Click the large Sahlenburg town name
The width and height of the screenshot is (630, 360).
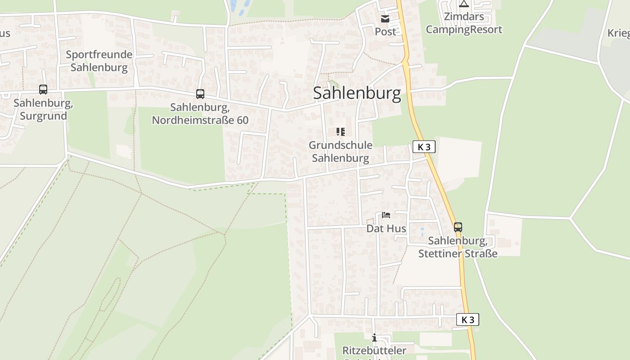pyautogui.click(x=356, y=93)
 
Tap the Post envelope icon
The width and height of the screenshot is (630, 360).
pyautogui.click(x=385, y=18)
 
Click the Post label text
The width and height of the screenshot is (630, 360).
pyautogui.click(x=386, y=31)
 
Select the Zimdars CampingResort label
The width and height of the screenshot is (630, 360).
pyautogui.click(x=464, y=23)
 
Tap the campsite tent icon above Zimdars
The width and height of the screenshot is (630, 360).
pyautogui.click(x=464, y=4)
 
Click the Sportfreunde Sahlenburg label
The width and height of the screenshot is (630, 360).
pyautogui.click(x=99, y=61)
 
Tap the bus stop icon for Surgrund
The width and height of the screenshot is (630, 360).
pyautogui.click(x=43, y=90)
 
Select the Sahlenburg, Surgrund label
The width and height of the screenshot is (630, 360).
pyautogui.click(x=43, y=109)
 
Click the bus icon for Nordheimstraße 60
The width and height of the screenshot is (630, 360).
pyautogui.click(x=200, y=94)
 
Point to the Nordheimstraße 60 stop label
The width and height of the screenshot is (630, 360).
pyautogui.click(x=200, y=114)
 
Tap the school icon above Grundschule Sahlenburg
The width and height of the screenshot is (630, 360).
pyautogui.click(x=341, y=132)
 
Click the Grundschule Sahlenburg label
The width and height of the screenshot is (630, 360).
pyautogui.click(x=341, y=152)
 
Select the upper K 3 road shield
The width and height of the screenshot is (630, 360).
pyautogui.click(x=424, y=147)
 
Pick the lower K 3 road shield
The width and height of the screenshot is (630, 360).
pyautogui.click(x=468, y=319)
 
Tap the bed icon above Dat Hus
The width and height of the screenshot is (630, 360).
pyautogui.click(x=386, y=215)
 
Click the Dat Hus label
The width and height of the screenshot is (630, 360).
pyautogui.click(x=386, y=229)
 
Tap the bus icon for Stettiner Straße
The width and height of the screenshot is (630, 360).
pyautogui.click(x=458, y=227)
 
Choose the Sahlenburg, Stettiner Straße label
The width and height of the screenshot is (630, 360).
pyautogui.click(x=458, y=247)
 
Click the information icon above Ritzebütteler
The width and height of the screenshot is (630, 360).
pyautogui.click(x=374, y=338)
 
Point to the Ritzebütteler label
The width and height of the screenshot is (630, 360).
pyautogui.click(x=374, y=351)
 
